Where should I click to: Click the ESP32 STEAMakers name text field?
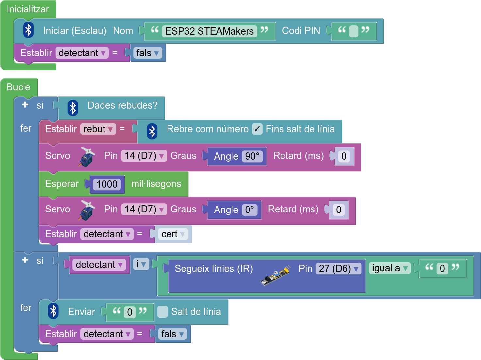tap(209, 31)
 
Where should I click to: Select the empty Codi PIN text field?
tap(354, 31)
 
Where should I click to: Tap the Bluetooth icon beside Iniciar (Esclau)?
tap(28, 30)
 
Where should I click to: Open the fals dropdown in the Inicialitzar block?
tap(148, 53)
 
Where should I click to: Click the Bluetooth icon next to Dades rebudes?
tap(73, 108)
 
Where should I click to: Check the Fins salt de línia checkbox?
tap(257, 129)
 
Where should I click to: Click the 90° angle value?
tap(252, 156)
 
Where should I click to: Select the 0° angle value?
tap(249, 210)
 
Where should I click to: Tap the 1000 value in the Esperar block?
tap(107, 184)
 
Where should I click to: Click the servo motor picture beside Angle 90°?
tap(87, 157)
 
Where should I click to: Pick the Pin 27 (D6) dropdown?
tap(338, 269)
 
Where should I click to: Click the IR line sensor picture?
tap(275, 275)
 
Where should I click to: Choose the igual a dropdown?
tap(390, 268)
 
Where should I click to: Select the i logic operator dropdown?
tap(141, 264)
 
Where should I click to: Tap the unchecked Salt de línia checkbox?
tap(162, 312)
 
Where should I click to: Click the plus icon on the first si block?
tap(25, 105)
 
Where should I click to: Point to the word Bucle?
tap(18, 87)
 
